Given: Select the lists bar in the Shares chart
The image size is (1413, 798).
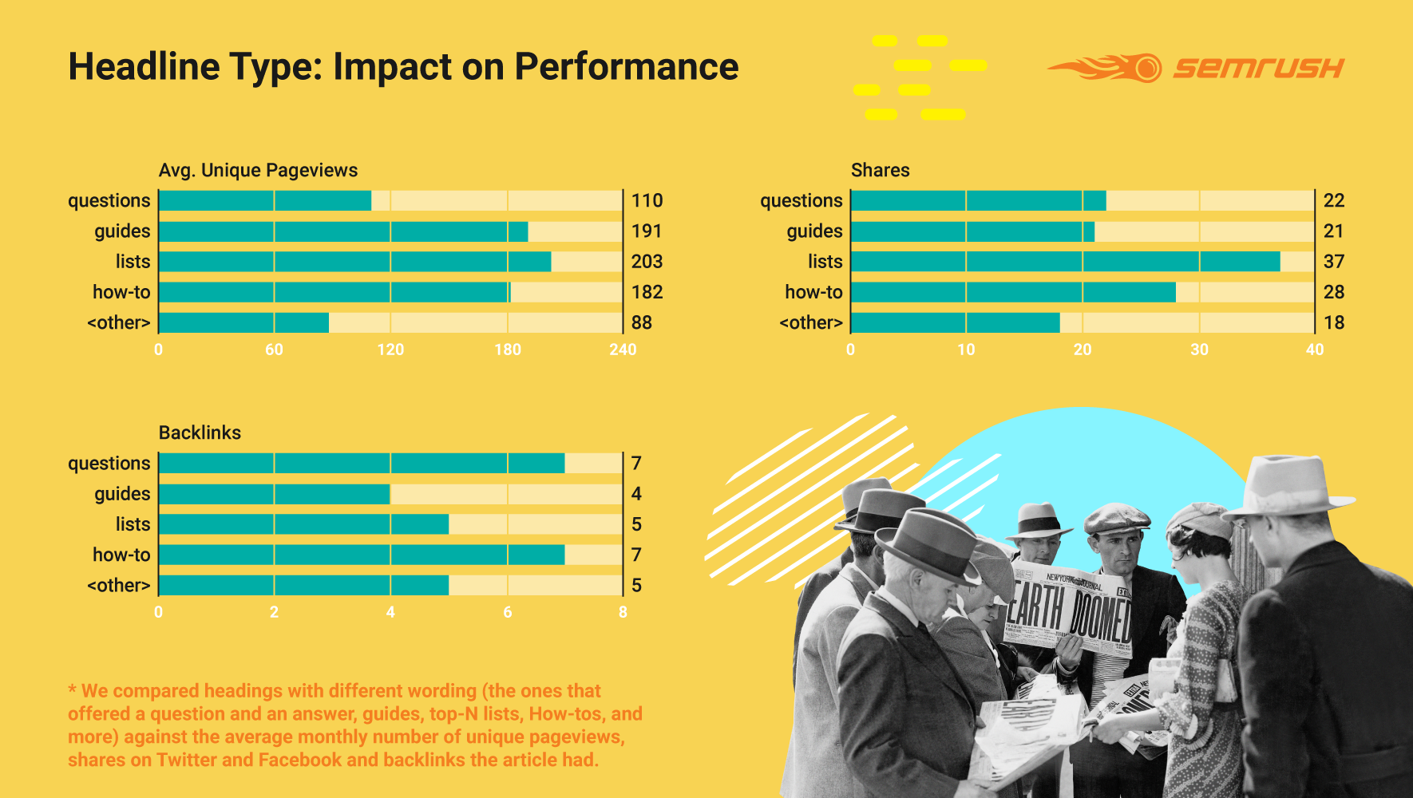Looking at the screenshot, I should click(1065, 262).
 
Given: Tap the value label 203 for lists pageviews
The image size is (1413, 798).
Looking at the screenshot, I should click(647, 262).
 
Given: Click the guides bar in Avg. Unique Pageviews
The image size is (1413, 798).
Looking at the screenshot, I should click(343, 231).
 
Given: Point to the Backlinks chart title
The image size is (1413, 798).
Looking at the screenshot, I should click(200, 433).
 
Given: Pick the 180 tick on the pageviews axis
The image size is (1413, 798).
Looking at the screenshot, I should click(507, 350).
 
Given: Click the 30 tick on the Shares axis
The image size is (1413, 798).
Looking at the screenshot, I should click(1199, 350).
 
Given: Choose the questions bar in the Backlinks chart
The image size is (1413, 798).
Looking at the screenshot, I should click(362, 463).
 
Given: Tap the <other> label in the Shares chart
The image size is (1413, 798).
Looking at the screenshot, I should click(811, 322).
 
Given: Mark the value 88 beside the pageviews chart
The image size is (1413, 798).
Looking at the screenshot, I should click(642, 322).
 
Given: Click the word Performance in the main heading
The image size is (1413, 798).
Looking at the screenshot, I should click(627, 67).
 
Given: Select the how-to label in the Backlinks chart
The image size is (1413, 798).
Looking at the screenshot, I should click(121, 555).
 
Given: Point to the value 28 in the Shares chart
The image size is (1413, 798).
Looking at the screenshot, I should click(1334, 292).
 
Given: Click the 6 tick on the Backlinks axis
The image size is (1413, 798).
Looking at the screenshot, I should click(507, 612).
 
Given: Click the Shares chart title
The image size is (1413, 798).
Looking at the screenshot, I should click(880, 170).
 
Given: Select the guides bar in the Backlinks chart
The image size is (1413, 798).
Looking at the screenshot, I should click(275, 494).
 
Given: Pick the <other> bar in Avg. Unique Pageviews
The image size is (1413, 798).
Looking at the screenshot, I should click(244, 322).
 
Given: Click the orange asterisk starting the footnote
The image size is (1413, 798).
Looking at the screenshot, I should click(73, 689).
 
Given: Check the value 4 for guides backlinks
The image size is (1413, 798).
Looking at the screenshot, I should click(636, 494).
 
